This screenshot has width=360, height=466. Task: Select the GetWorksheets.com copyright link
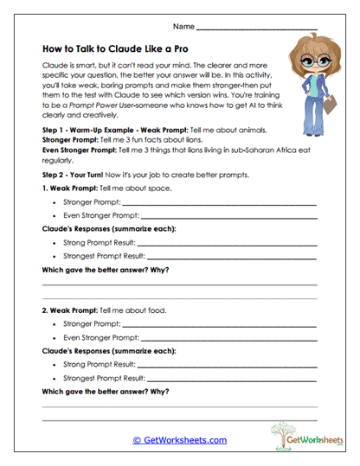[179, 440]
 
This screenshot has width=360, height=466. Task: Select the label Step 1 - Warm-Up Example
[85, 129]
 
